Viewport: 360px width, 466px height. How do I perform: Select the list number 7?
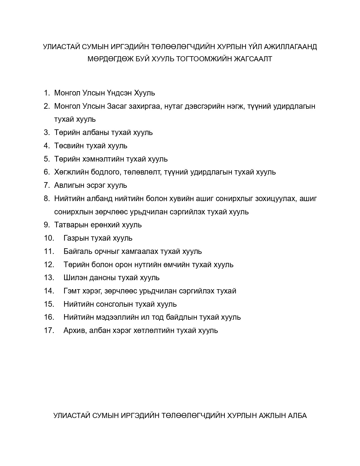(x=47, y=185)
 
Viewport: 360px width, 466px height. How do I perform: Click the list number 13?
(x=49, y=278)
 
